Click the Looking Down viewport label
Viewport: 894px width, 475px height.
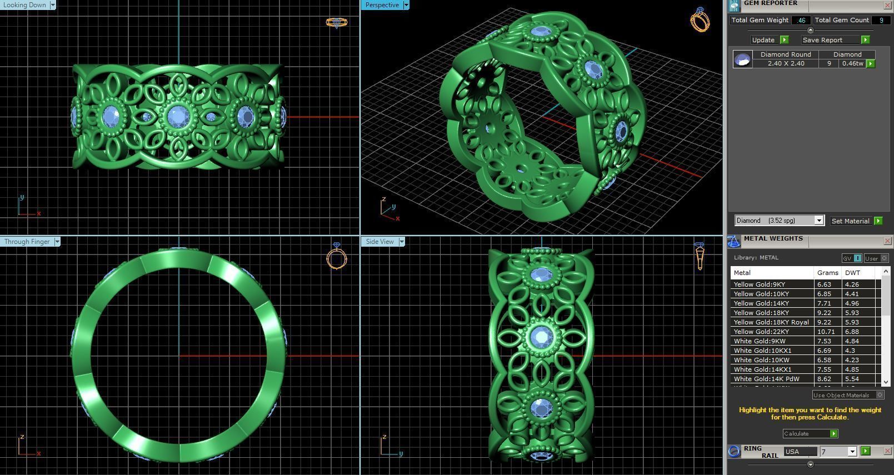click(x=25, y=5)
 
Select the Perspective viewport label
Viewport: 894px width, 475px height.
click(x=382, y=5)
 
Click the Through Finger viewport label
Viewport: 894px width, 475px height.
click(x=27, y=242)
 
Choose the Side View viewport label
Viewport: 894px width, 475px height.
click(x=379, y=242)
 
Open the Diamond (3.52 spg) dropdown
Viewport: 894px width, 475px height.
click(x=779, y=221)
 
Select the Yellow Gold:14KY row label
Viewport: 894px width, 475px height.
click(x=761, y=303)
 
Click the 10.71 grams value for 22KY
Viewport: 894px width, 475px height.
click(x=825, y=332)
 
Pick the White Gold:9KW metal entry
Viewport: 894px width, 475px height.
click(x=760, y=341)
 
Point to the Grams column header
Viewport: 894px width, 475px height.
click(x=827, y=273)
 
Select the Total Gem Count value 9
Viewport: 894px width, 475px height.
click(x=881, y=20)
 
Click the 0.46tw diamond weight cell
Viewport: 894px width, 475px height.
click(x=852, y=63)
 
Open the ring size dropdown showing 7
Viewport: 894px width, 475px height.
click(x=837, y=452)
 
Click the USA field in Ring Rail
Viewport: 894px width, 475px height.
click(x=800, y=452)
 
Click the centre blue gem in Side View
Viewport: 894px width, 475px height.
click(x=541, y=337)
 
